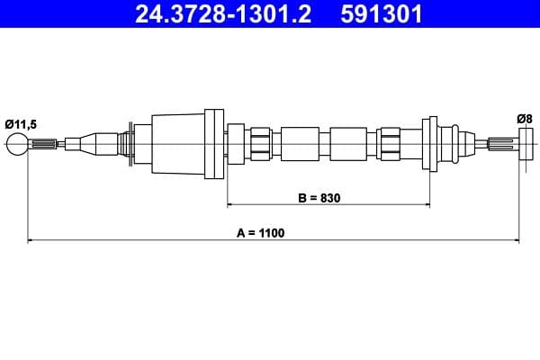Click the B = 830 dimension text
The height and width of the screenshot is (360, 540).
click(319, 197)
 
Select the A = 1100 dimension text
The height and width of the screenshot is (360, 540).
click(261, 233)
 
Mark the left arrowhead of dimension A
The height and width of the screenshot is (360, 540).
click(32, 240)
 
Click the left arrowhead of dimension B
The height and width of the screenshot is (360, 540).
click(231, 204)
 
